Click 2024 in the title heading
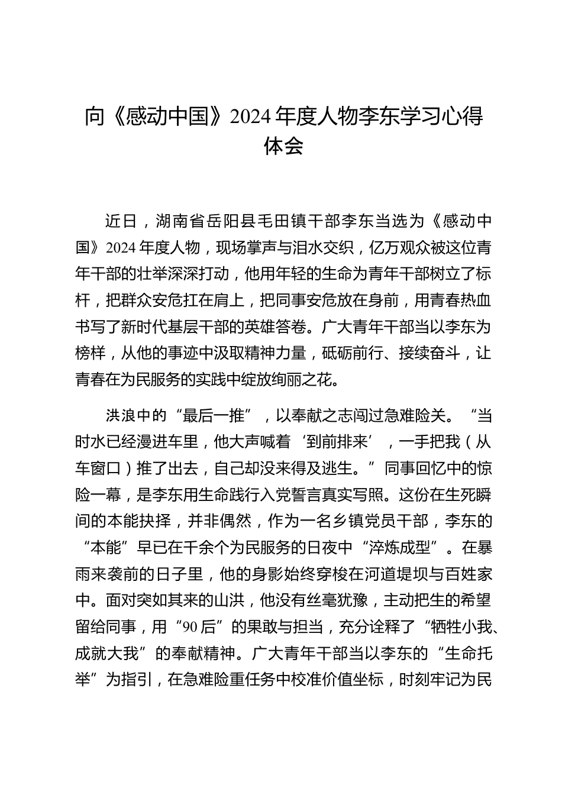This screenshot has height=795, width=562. (250, 117)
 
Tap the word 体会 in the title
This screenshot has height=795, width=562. (283, 146)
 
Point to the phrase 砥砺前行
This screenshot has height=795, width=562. (349, 354)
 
